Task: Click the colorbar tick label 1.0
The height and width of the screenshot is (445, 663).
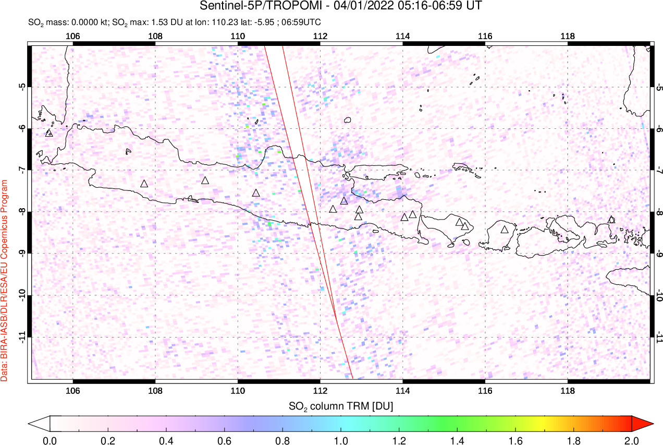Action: [x=341, y=440]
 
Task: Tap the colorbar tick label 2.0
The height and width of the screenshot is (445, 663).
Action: [x=632, y=440]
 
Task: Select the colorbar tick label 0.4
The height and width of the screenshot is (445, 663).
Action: [x=166, y=440]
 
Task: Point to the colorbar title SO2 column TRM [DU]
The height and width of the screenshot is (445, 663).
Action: [x=341, y=405]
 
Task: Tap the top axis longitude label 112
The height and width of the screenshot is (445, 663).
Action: [x=320, y=37]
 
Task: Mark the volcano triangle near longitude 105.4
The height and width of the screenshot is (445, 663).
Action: [x=49, y=133]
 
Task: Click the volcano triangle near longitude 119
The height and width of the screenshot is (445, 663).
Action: [x=611, y=220]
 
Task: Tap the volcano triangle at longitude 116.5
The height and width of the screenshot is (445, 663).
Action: [x=505, y=230]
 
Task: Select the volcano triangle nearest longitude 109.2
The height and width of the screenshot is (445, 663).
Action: [x=205, y=181]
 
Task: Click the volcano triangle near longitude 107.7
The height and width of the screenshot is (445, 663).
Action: [x=144, y=184]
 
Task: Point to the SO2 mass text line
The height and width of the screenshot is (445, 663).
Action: [x=175, y=22]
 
